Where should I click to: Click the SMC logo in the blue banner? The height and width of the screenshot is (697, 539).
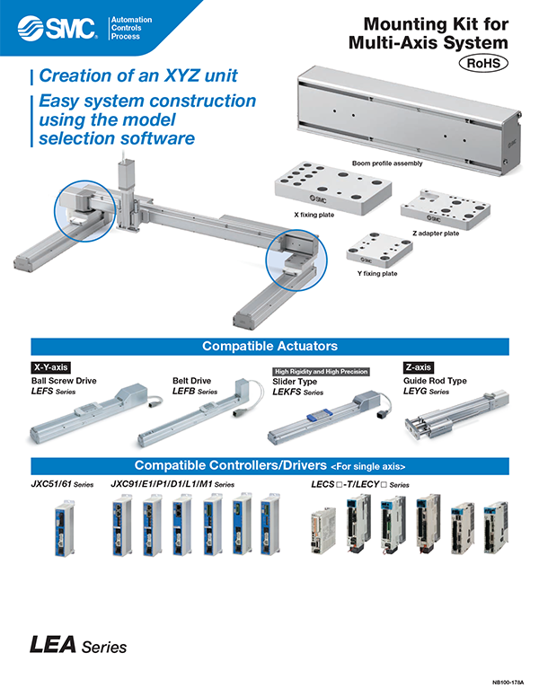(x=57, y=28)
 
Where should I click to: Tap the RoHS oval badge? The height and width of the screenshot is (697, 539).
(x=483, y=63)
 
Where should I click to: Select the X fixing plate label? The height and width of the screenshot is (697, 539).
(x=314, y=215)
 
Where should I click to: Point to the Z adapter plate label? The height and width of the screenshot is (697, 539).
(x=436, y=233)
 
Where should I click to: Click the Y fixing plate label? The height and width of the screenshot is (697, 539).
(x=377, y=273)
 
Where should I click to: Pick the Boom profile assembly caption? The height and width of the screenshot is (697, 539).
(x=387, y=163)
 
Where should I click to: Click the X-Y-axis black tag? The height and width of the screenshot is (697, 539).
(x=50, y=367)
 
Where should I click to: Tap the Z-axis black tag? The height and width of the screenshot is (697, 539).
(x=419, y=367)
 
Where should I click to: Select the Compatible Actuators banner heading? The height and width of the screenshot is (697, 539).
(x=269, y=346)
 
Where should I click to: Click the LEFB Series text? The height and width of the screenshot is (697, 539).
(x=195, y=392)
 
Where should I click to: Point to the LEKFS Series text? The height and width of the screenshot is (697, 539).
(x=297, y=392)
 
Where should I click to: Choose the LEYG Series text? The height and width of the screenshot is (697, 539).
(x=426, y=392)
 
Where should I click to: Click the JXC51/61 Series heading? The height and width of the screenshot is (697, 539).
(x=62, y=484)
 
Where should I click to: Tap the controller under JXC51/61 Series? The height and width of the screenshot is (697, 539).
(x=65, y=528)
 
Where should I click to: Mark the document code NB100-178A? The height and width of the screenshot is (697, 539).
(x=508, y=682)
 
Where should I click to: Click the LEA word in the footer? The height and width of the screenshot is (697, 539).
(x=52, y=645)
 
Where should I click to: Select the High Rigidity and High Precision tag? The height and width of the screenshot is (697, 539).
(x=321, y=371)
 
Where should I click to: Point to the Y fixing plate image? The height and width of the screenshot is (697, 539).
(x=379, y=250)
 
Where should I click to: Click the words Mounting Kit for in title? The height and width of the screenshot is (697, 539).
(x=436, y=24)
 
